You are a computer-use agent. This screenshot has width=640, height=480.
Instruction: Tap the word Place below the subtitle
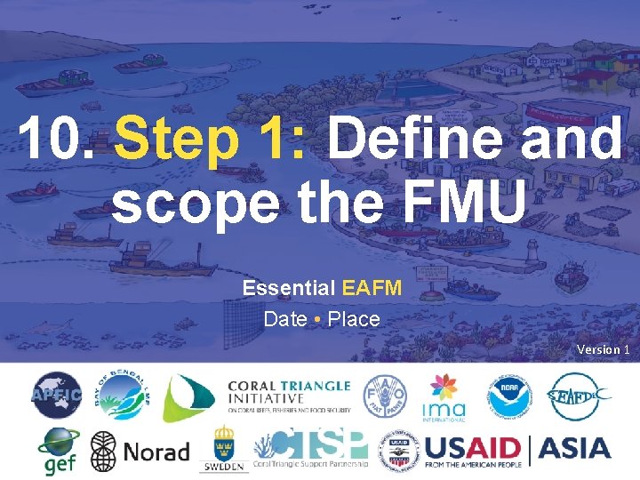coord(354,318)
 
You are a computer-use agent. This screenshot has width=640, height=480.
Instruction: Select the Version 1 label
coord(603,349)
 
